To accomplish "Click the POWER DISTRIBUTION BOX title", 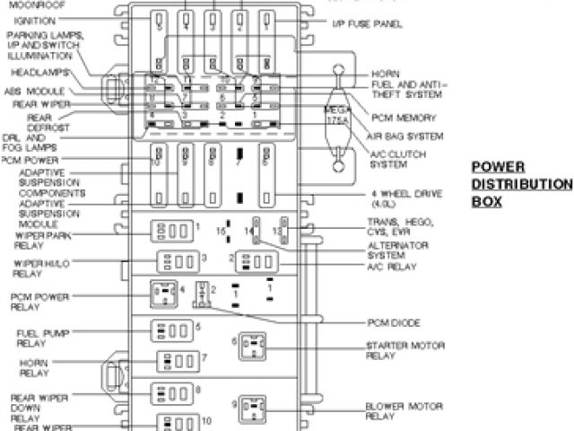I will click(521, 184).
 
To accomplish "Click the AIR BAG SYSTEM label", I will click(405, 136).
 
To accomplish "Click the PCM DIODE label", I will click(394, 322).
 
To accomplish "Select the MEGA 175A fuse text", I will click(336, 114).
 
